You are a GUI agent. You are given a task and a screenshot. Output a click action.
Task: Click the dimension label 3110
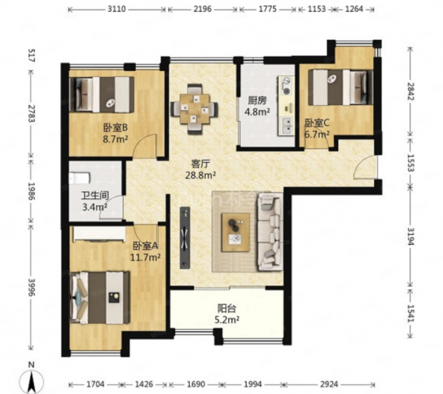[x=117, y=10]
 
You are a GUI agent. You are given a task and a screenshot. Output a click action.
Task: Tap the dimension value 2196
[x=202, y=10]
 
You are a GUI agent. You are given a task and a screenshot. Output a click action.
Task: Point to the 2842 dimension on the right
[x=411, y=92]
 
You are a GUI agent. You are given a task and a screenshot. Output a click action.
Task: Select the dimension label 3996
[x=31, y=288]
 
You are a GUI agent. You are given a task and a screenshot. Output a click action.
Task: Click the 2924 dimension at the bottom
[x=329, y=384]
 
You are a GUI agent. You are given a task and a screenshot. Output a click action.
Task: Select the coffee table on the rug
[x=236, y=232]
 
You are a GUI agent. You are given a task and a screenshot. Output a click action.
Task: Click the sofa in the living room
[x=269, y=231]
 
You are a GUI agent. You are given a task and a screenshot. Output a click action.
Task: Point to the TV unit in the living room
[x=185, y=237]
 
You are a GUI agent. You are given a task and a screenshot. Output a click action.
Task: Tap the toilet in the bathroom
[x=80, y=178]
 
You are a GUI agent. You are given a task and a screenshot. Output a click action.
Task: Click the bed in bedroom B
[x=102, y=95]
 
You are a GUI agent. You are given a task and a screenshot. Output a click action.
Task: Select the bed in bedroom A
[x=100, y=298]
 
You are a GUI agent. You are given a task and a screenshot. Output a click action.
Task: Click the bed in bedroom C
[x=340, y=87]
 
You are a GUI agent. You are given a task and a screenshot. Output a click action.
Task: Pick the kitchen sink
[x=286, y=126]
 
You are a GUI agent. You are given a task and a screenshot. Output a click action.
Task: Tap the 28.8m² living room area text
[x=201, y=175]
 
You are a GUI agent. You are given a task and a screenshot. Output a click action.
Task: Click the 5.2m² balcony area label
[x=227, y=320]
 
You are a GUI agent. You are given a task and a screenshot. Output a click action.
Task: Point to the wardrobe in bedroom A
[x=99, y=234]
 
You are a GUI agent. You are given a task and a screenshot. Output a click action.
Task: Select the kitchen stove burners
[x=286, y=86]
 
